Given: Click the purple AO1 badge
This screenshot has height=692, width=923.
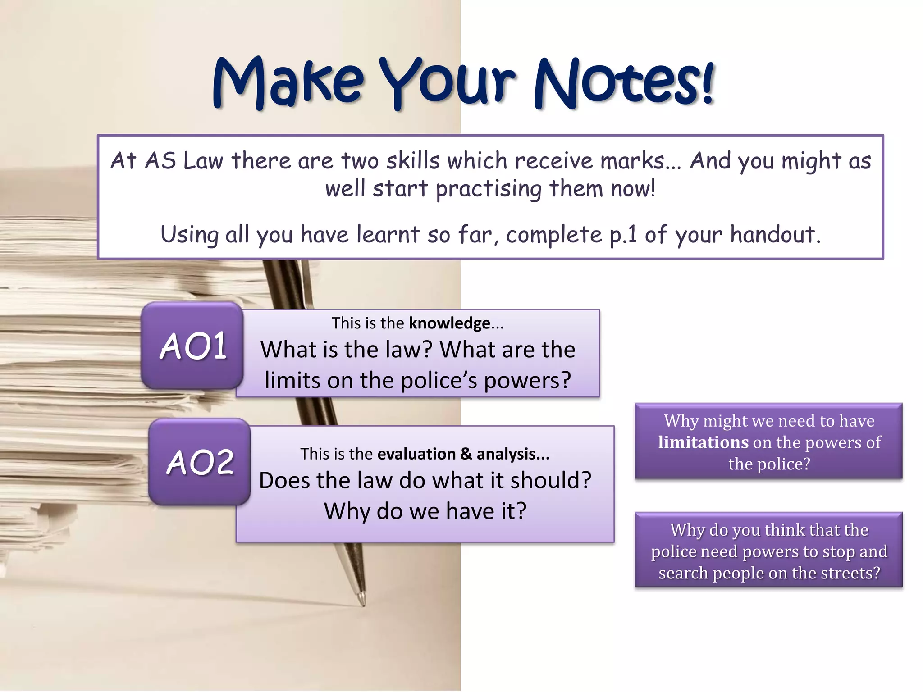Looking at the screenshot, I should point(193,346).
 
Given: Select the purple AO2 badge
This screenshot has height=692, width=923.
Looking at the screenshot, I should point(200,462).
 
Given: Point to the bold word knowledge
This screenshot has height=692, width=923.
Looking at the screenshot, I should point(449,323).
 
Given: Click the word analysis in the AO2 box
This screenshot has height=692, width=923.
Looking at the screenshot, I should point(513,454).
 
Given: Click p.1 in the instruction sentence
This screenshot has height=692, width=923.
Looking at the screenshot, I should point(623,235).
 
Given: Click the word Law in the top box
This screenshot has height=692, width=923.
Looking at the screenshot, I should point(203,161).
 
